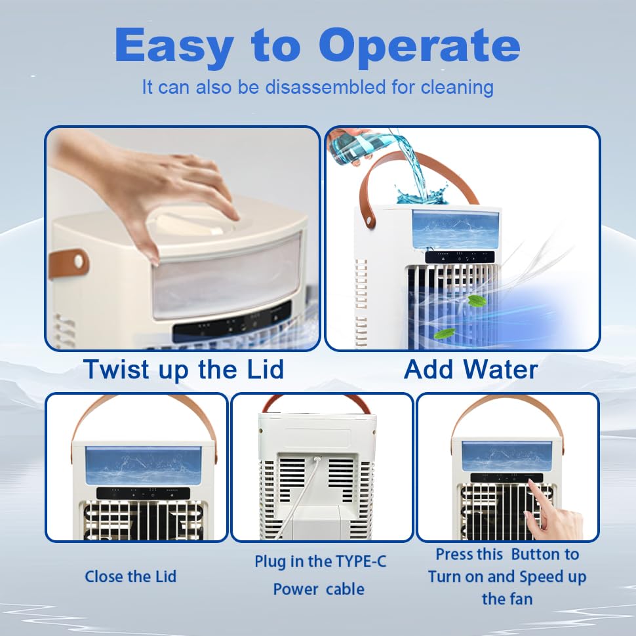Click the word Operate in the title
click(420, 47)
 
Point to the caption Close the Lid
click(130, 577)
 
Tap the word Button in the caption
click(545, 555)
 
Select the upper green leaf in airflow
click(477, 301)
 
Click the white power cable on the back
click(305, 492)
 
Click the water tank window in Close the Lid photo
click(144, 466)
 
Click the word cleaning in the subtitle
click(461, 87)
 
